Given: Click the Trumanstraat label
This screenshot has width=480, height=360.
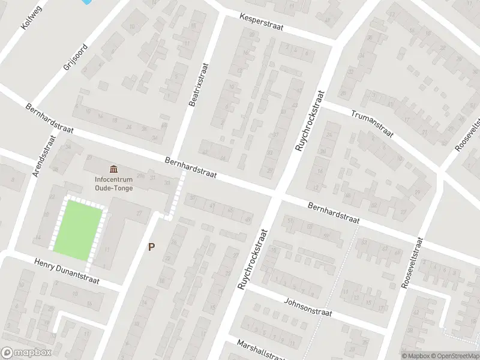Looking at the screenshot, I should pos(372,122).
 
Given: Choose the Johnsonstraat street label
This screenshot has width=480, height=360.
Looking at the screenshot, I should pos(308,308).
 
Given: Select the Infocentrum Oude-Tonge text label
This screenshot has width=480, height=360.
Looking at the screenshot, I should pos(113,183).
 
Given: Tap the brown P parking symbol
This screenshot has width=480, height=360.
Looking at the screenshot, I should pos(152,247).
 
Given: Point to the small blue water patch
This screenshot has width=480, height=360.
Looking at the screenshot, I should pos(86,2).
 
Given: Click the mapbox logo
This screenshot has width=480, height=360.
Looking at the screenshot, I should pos(26,353).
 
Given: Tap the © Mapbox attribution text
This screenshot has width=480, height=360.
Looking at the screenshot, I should pos(415,356).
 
